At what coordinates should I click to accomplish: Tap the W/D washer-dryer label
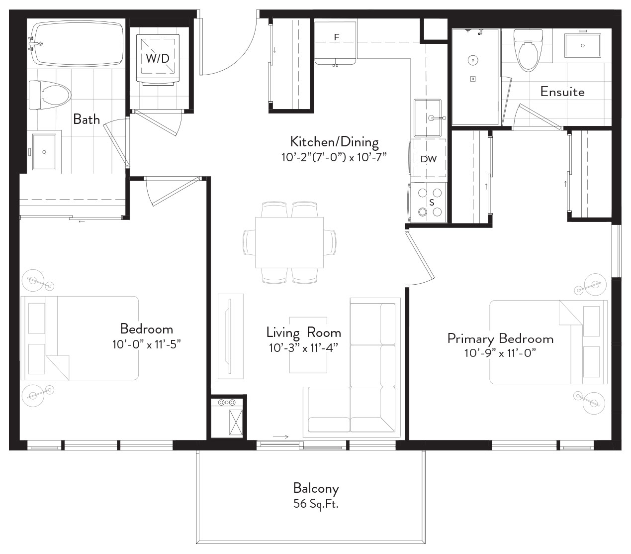coord(158,58)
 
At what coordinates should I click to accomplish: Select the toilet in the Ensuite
coord(528,50)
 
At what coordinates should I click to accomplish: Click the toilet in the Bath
coord(50,95)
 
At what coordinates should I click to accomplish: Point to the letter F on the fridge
coord(336,37)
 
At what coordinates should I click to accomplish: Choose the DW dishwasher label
coord(429,159)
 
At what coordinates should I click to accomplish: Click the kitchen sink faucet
coord(437,118)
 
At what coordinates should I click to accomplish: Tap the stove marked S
coord(429,202)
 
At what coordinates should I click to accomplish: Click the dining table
coord(289,242)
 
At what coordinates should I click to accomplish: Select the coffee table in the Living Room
coord(308,345)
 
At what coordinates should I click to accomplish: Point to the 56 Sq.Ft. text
coord(316,504)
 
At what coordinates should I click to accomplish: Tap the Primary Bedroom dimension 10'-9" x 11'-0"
coord(500,353)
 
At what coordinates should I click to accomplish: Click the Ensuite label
coord(562,92)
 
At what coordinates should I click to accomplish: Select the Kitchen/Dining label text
coord(335,142)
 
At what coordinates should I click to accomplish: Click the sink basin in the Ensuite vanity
coord(583,45)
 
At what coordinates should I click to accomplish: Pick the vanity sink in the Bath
coord(44,152)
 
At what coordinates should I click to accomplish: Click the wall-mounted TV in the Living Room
coord(230,336)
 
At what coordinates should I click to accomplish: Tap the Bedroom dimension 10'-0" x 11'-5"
coord(147,344)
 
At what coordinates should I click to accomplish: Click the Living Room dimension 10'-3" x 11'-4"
coord(304,348)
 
